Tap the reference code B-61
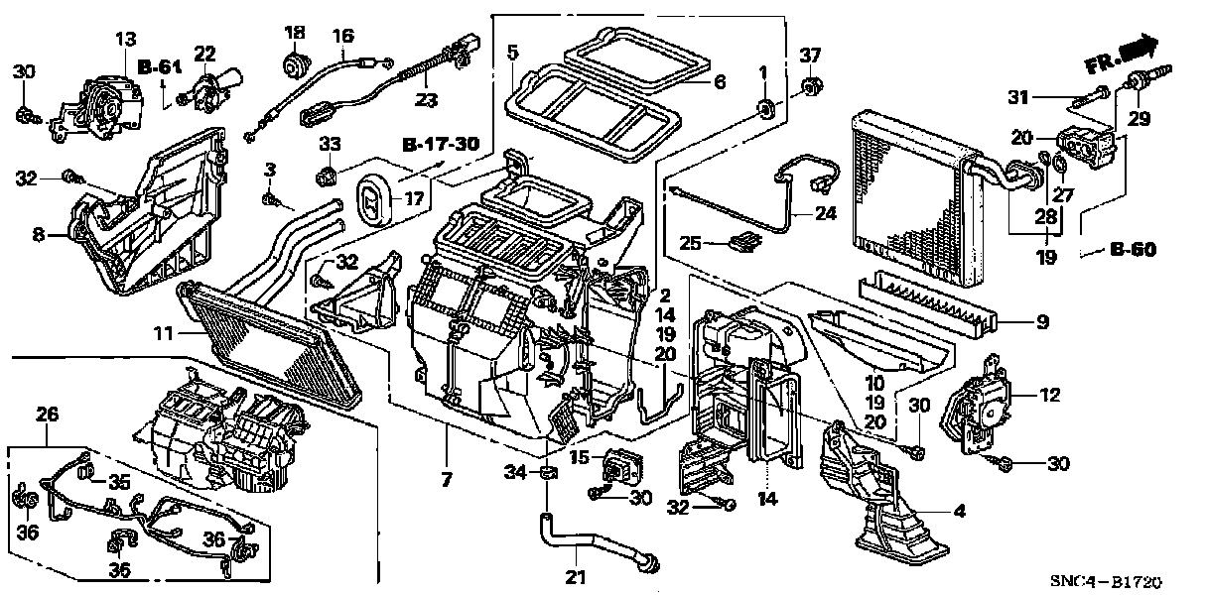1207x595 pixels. coord(159,67)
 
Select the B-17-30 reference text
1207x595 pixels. coord(441,145)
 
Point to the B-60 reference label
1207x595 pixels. coord(1132,250)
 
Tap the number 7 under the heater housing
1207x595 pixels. coord(446,481)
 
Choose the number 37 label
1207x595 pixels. coord(811,54)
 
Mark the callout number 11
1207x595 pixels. coord(164,335)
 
